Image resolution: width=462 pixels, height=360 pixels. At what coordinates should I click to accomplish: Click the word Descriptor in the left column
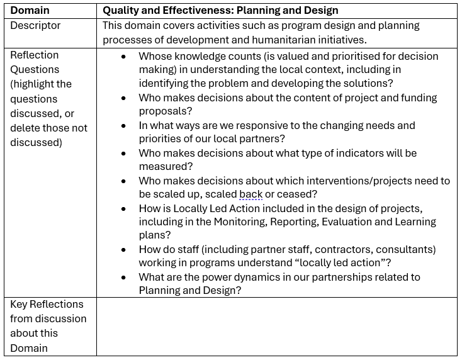click(x=35, y=26)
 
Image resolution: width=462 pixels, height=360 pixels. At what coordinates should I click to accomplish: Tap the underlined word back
click(x=251, y=194)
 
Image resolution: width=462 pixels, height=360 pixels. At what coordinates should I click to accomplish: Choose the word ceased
click(x=298, y=194)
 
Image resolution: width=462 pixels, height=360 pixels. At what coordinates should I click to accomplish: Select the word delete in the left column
click(x=25, y=128)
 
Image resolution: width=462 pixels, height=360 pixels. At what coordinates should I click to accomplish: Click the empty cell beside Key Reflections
click(x=277, y=326)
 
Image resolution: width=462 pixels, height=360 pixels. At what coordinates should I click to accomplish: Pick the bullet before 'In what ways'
click(x=123, y=125)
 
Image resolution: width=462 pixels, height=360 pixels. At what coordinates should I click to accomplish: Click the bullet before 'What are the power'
click(x=123, y=277)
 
